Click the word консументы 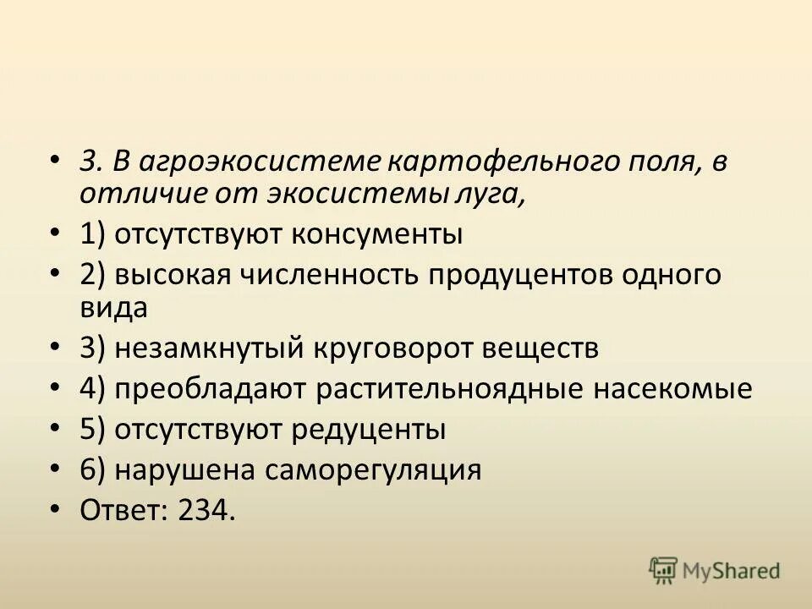pos(377,233)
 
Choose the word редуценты pos(369,430)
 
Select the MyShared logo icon pos(664,571)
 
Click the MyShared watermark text pos(732,571)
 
